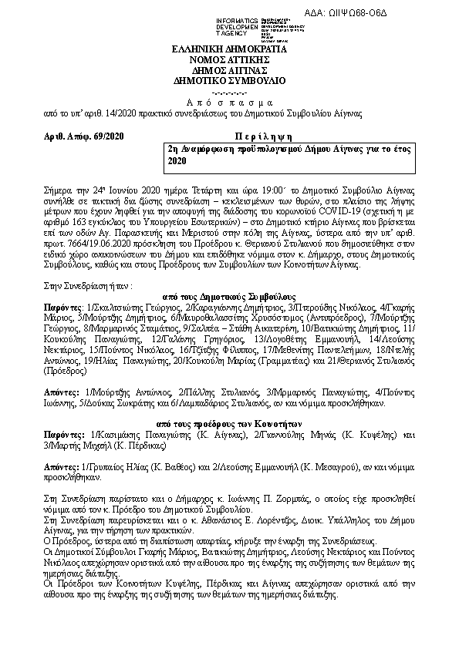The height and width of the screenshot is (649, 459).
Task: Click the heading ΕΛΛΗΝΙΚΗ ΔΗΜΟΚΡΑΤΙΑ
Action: (228, 49)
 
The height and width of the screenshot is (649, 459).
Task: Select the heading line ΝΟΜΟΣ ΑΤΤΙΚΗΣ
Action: (228, 59)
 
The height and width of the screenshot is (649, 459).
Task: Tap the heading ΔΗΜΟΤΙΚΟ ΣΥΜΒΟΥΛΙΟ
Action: (228, 80)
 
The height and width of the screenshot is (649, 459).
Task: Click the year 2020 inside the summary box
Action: (177, 162)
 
